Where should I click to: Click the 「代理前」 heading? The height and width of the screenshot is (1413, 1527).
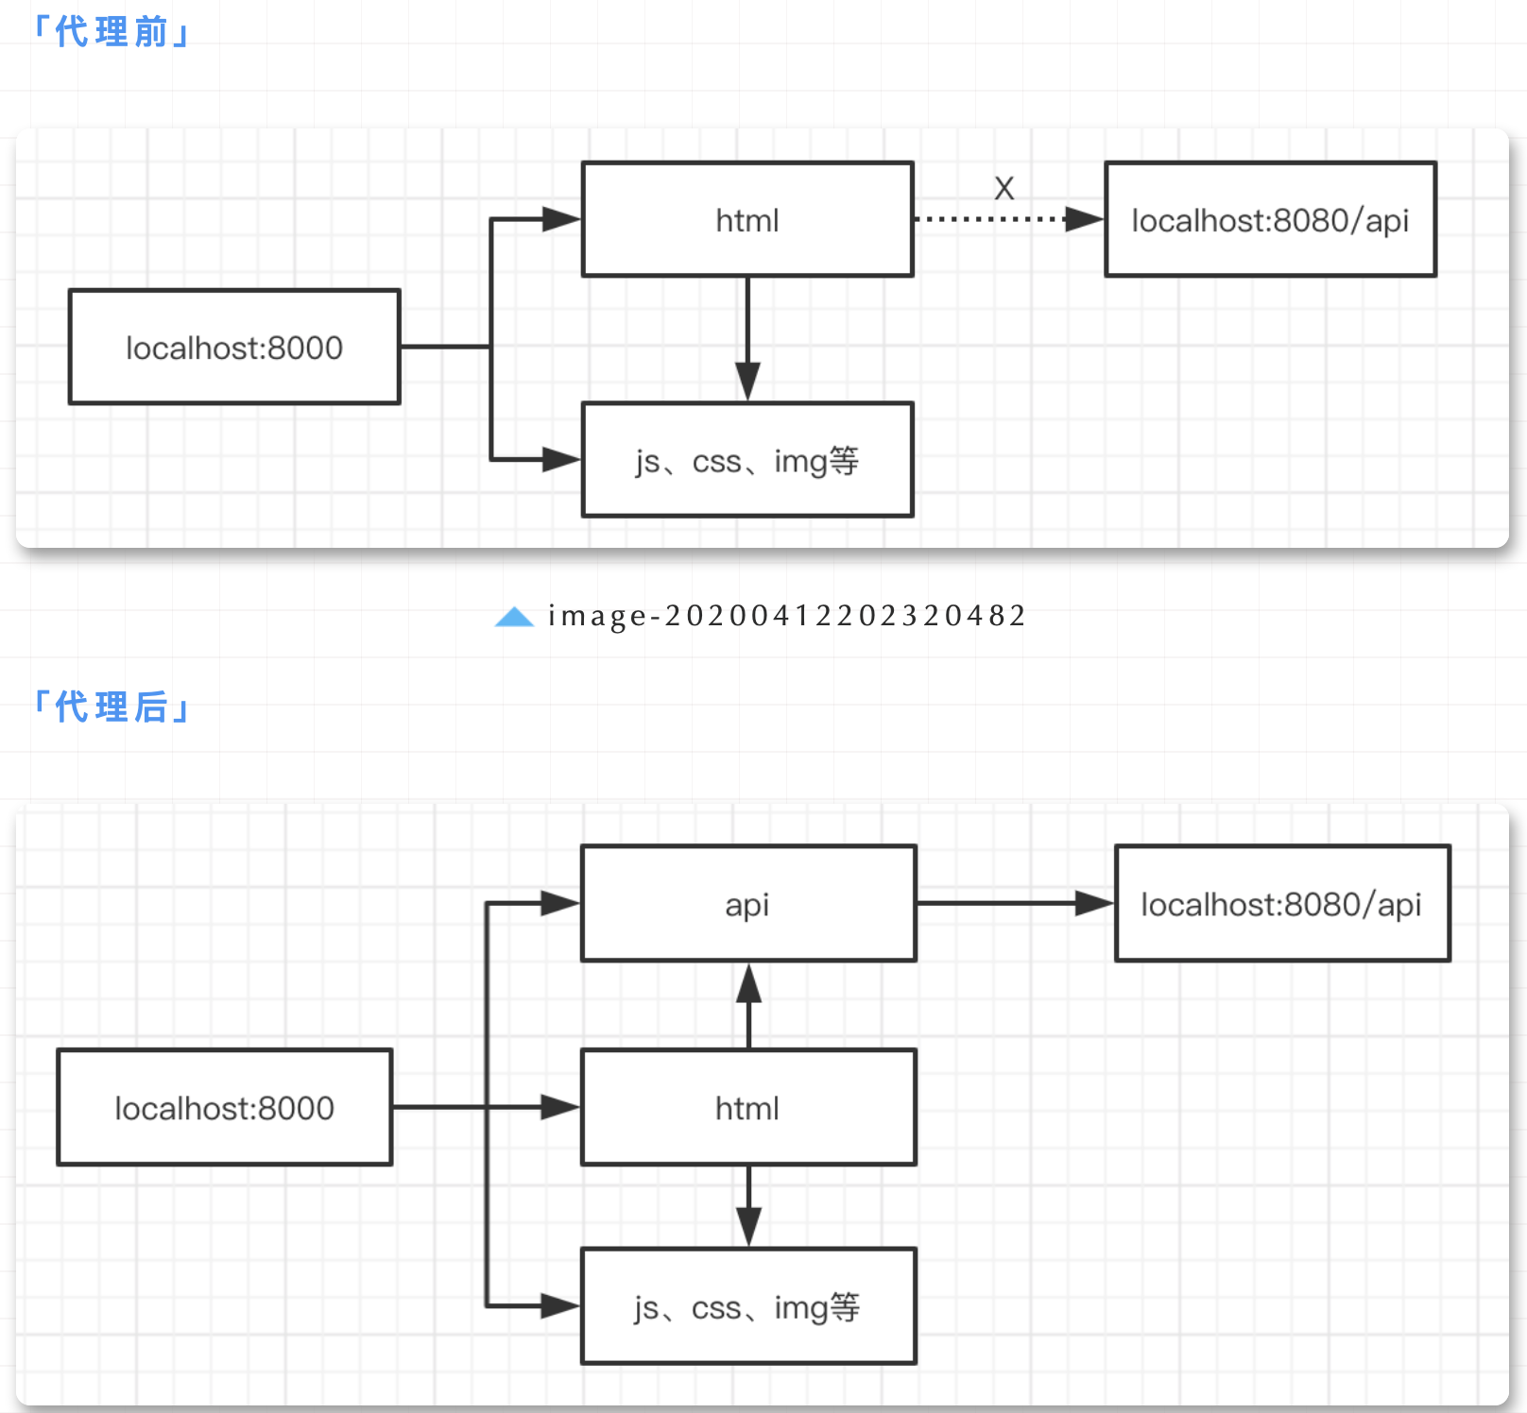click(x=111, y=32)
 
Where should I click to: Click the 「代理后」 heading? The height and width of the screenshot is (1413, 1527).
click(x=111, y=707)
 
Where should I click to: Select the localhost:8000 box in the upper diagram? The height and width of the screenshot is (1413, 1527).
click(x=234, y=348)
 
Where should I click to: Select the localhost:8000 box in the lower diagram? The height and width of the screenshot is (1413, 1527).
click(x=225, y=1108)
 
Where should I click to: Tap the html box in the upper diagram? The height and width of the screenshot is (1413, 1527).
click(x=747, y=220)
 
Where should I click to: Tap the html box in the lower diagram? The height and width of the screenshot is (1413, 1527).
click(x=747, y=1108)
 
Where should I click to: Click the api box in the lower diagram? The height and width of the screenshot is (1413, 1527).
click(x=747, y=905)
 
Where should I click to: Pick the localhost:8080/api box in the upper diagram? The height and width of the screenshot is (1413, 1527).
click(x=1270, y=220)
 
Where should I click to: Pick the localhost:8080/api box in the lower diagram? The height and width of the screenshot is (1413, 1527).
click(x=1281, y=905)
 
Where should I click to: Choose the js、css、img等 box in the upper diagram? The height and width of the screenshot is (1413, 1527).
click(x=747, y=461)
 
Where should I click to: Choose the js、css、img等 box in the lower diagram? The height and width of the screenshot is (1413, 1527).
click(x=747, y=1307)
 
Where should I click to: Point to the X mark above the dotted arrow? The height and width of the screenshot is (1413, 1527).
click(x=1004, y=189)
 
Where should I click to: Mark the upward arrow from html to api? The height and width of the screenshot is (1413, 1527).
click(x=748, y=1006)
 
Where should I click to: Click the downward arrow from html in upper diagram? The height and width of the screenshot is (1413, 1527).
click(x=747, y=340)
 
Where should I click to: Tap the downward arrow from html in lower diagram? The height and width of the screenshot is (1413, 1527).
click(x=748, y=1207)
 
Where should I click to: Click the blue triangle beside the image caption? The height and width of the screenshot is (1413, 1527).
click(x=514, y=617)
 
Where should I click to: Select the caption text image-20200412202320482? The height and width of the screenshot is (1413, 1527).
click(x=786, y=616)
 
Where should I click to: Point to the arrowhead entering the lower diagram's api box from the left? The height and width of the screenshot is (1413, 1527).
click(x=559, y=904)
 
